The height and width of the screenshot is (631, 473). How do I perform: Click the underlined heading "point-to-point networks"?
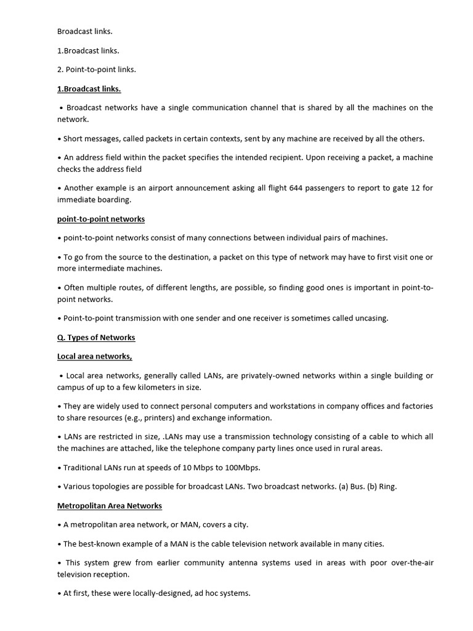click(101, 219)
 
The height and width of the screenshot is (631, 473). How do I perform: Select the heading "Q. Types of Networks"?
click(96, 337)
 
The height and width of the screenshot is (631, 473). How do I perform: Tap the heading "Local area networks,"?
click(95, 356)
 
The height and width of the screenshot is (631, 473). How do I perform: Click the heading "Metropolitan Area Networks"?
click(110, 505)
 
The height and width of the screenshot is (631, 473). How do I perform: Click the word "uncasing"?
click(371, 318)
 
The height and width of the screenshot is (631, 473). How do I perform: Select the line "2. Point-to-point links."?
click(97, 69)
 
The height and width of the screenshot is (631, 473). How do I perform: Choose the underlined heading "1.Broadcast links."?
click(89, 89)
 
